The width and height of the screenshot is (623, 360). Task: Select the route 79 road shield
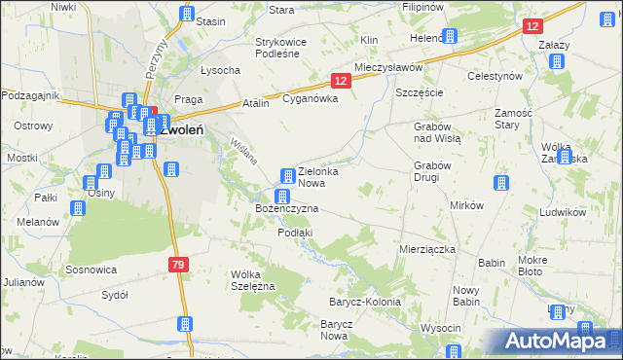pyautogui.click(x=176, y=264)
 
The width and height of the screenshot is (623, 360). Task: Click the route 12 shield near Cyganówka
pyautogui.click(x=339, y=84)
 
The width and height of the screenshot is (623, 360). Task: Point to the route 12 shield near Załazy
pyautogui.click(x=531, y=27)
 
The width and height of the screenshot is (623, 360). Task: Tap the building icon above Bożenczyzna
pyautogui.click(x=281, y=197)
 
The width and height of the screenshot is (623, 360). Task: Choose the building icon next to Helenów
pyautogui.click(x=449, y=37)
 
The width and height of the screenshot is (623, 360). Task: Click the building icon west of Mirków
pyautogui.click(x=500, y=184)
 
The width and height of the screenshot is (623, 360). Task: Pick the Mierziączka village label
pyautogui.click(x=427, y=249)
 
